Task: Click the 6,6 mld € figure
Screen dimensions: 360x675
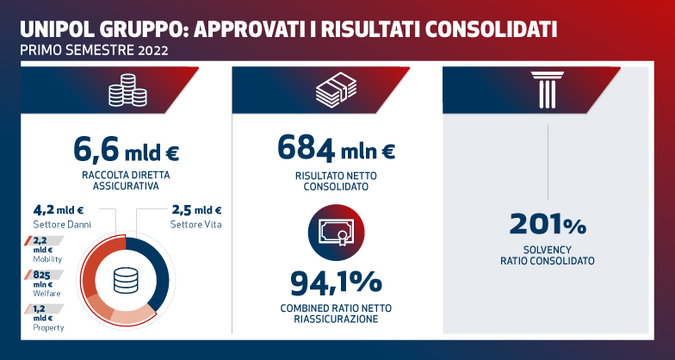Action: coord(126,152)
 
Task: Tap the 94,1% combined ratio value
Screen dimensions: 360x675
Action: coord(337,282)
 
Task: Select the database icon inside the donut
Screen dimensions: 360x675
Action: coord(126,281)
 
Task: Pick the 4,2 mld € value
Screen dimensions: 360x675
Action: coord(58,209)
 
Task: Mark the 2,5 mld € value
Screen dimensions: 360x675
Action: coord(195,209)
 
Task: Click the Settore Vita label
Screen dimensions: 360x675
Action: coord(194,224)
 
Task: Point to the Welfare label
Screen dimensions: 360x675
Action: coord(46,293)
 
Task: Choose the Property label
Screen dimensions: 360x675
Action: coord(47,327)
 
